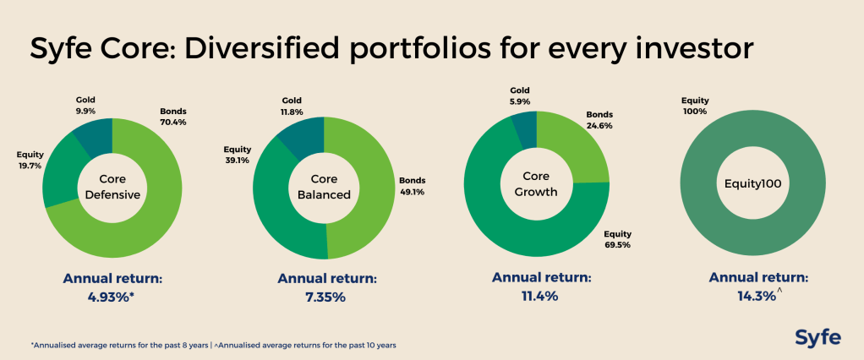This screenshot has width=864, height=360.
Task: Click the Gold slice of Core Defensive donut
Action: point(92,138)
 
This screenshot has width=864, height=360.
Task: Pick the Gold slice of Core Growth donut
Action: point(523,128)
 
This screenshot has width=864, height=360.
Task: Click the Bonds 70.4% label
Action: point(172,117)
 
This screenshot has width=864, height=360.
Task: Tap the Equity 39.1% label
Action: point(237,154)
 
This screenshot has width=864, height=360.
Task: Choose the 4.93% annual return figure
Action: point(111,297)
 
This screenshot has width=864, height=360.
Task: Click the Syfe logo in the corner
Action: point(818,337)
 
